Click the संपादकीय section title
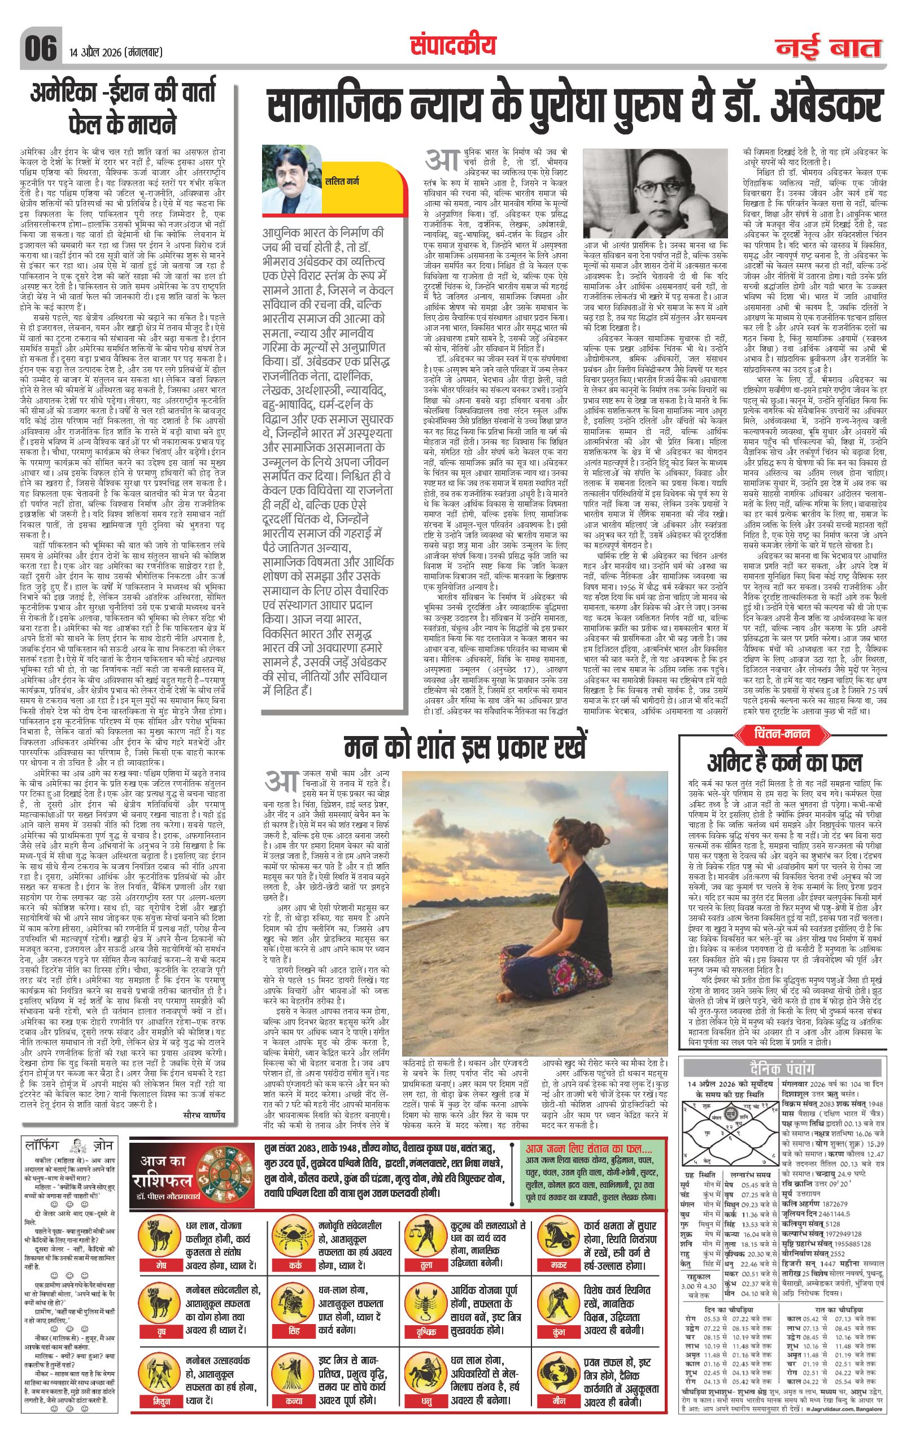[454, 44]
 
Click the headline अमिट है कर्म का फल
[784, 763]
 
